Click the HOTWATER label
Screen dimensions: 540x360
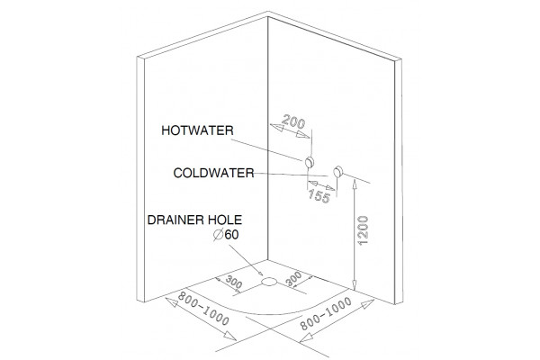tap(197, 130)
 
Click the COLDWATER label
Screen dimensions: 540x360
tap(213, 173)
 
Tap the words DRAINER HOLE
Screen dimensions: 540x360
tap(194, 220)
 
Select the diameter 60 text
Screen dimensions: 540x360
tap(226, 235)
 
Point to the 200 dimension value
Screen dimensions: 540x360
tap(293, 122)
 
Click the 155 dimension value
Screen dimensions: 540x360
tap(319, 195)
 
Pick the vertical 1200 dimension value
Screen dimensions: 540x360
tap(363, 230)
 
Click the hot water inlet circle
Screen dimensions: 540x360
tap(310, 162)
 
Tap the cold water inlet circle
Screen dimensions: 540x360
tap(338, 172)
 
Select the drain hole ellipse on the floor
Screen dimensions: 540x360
tap(269, 282)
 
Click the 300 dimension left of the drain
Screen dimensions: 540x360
tap(234, 282)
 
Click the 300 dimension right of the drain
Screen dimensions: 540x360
tap(293, 279)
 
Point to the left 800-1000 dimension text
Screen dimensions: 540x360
tap(203, 309)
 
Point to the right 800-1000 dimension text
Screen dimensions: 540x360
tap(326, 313)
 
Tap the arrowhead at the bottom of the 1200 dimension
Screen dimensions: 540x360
tap(355, 285)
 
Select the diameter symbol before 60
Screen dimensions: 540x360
tap(219, 235)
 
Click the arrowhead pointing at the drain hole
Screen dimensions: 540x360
tap(259, 272)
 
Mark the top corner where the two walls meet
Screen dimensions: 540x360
tap(268, 17)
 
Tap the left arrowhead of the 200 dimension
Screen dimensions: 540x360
tap(277, 127)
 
